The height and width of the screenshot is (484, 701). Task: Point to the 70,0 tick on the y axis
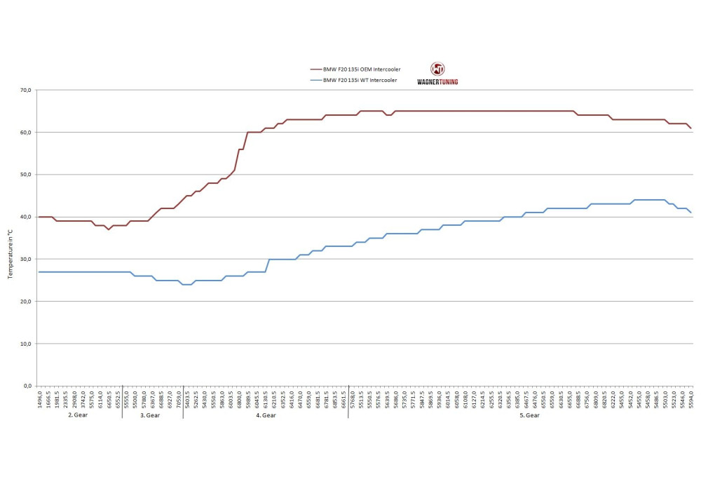(26, 90)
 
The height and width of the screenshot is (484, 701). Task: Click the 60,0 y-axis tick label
(26, 133)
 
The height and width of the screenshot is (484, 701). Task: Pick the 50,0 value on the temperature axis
(26, 175)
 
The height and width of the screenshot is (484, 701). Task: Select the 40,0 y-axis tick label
(26, 217)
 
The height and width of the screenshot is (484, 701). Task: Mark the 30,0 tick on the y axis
(26, 260)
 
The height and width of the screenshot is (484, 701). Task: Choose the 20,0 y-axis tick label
(26, 302)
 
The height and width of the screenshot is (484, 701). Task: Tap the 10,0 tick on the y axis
(26, 344)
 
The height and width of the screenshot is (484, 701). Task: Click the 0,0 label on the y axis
(27, 386)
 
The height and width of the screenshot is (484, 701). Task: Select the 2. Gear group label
(78, 415)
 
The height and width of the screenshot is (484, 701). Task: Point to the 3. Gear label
(151, 415)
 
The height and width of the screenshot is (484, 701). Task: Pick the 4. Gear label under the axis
(266, 415)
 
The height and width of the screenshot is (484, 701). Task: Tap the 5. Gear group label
(529, 415)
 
